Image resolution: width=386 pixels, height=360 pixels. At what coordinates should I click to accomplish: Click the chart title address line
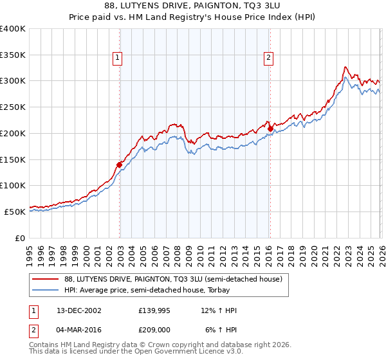point(193,6)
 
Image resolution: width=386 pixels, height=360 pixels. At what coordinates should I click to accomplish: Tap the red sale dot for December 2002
point(119,165)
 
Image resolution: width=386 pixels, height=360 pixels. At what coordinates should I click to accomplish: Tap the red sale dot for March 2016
point(270,129)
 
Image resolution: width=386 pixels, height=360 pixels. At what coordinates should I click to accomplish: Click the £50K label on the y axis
point(15,212)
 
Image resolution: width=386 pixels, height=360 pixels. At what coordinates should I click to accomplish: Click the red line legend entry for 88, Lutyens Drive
point(172,280)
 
